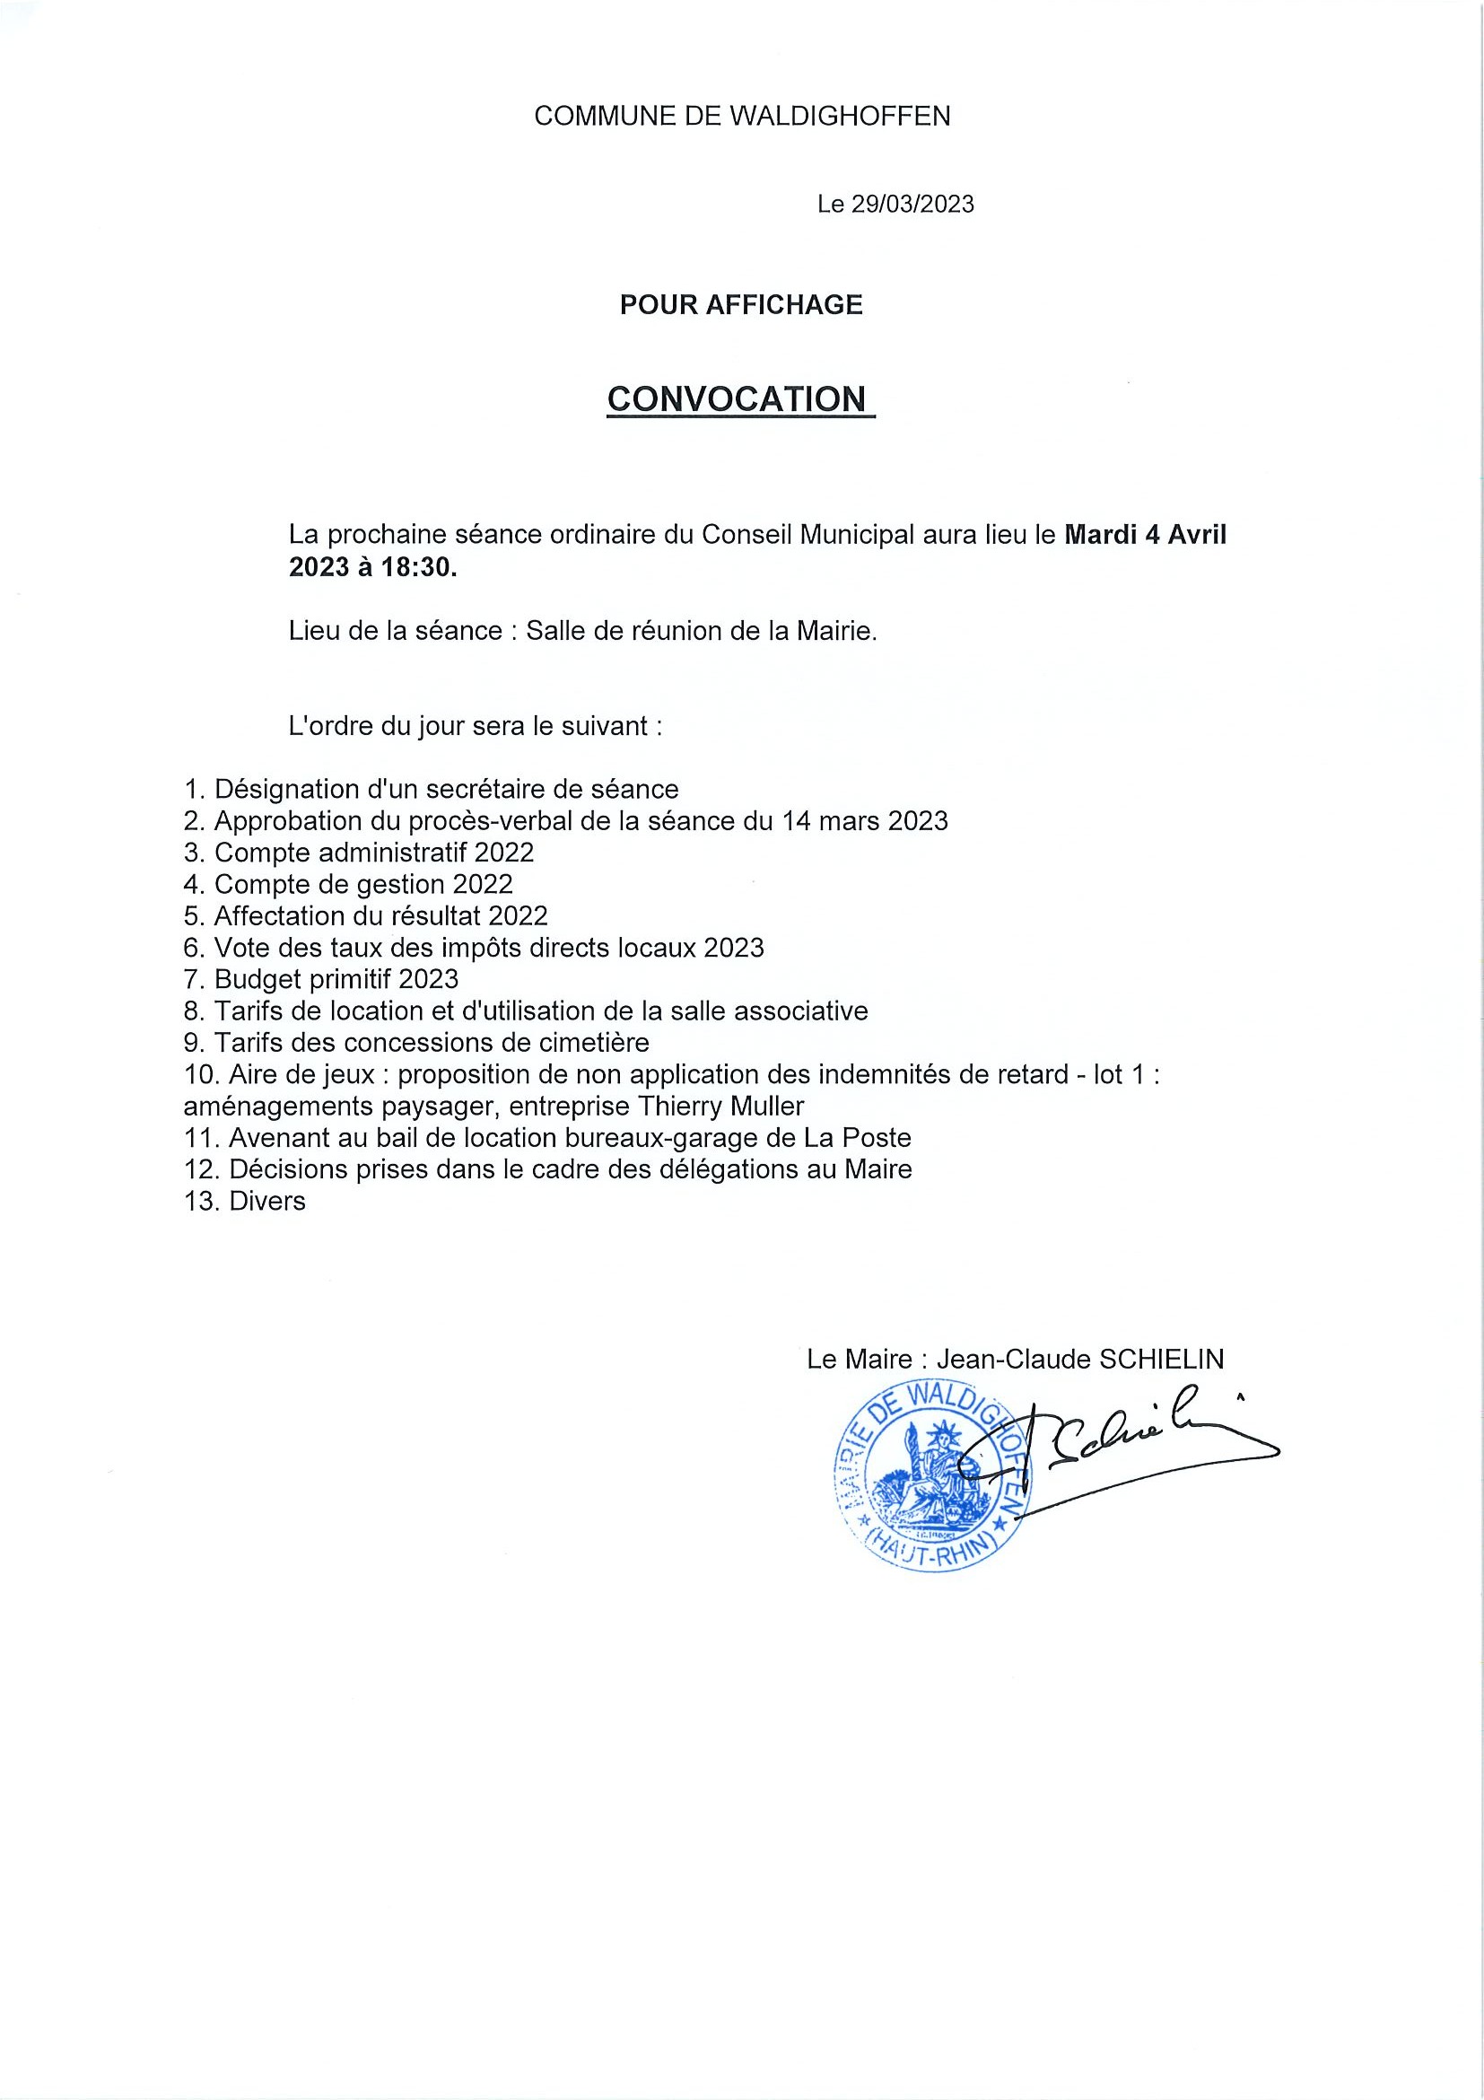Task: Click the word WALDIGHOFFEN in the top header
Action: (x=840, y=116)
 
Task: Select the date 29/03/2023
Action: (x=912, y=204)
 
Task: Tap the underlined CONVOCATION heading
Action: (x=736, y=398)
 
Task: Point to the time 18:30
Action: (x=418, y=567)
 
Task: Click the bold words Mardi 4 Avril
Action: (x=1145, y=534)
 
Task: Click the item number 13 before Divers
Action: (x=202, y=1201)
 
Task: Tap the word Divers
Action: (x=267, y=1201)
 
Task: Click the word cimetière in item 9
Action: (x=590, y=1043)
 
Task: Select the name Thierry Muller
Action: (x=720, y=1106)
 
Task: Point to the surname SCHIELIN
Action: (x=1161, y=1359)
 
